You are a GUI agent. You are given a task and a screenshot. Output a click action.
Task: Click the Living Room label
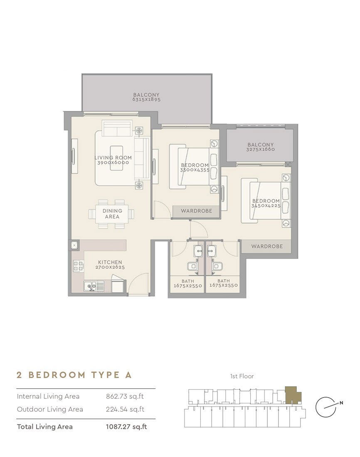click(x=113, y=158)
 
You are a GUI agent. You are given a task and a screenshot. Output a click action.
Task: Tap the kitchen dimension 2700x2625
click(x=110, y=267)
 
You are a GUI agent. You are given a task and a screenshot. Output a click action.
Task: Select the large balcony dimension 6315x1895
click(x=146, y=99)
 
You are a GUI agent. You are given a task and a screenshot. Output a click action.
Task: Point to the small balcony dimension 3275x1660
click(x=261, y=149)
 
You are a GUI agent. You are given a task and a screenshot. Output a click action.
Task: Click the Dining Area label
click(x=112, y=214)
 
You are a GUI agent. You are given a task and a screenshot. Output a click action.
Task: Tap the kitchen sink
click(x=94, y=286)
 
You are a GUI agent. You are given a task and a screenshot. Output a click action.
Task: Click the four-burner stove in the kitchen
click(x=78, y=266)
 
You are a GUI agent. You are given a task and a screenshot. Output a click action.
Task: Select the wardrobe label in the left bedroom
click(x=196, y=211)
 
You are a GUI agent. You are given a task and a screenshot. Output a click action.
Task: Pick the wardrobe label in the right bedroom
click(x=267, y=246)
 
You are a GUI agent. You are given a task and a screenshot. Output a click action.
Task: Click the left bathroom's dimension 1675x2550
click(x=188, y=286)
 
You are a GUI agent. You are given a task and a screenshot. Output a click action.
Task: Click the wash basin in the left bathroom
click(x=198, y=251)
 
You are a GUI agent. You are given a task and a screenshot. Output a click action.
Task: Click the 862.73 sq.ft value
click(x=125, y=396)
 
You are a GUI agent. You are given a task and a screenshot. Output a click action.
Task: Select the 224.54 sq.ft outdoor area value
click(x=125, y=409)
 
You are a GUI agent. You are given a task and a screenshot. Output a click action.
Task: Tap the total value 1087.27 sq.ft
click(x=126, y=427)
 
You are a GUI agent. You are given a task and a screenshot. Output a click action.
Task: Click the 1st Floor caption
click(x=242, y=376)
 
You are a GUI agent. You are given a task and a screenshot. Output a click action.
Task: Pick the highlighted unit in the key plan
click(x=292, y=395)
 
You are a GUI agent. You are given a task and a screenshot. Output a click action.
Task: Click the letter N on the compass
click(x=341, y=403)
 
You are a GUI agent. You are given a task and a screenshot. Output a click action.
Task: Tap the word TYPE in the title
click(x=105, y=375)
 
